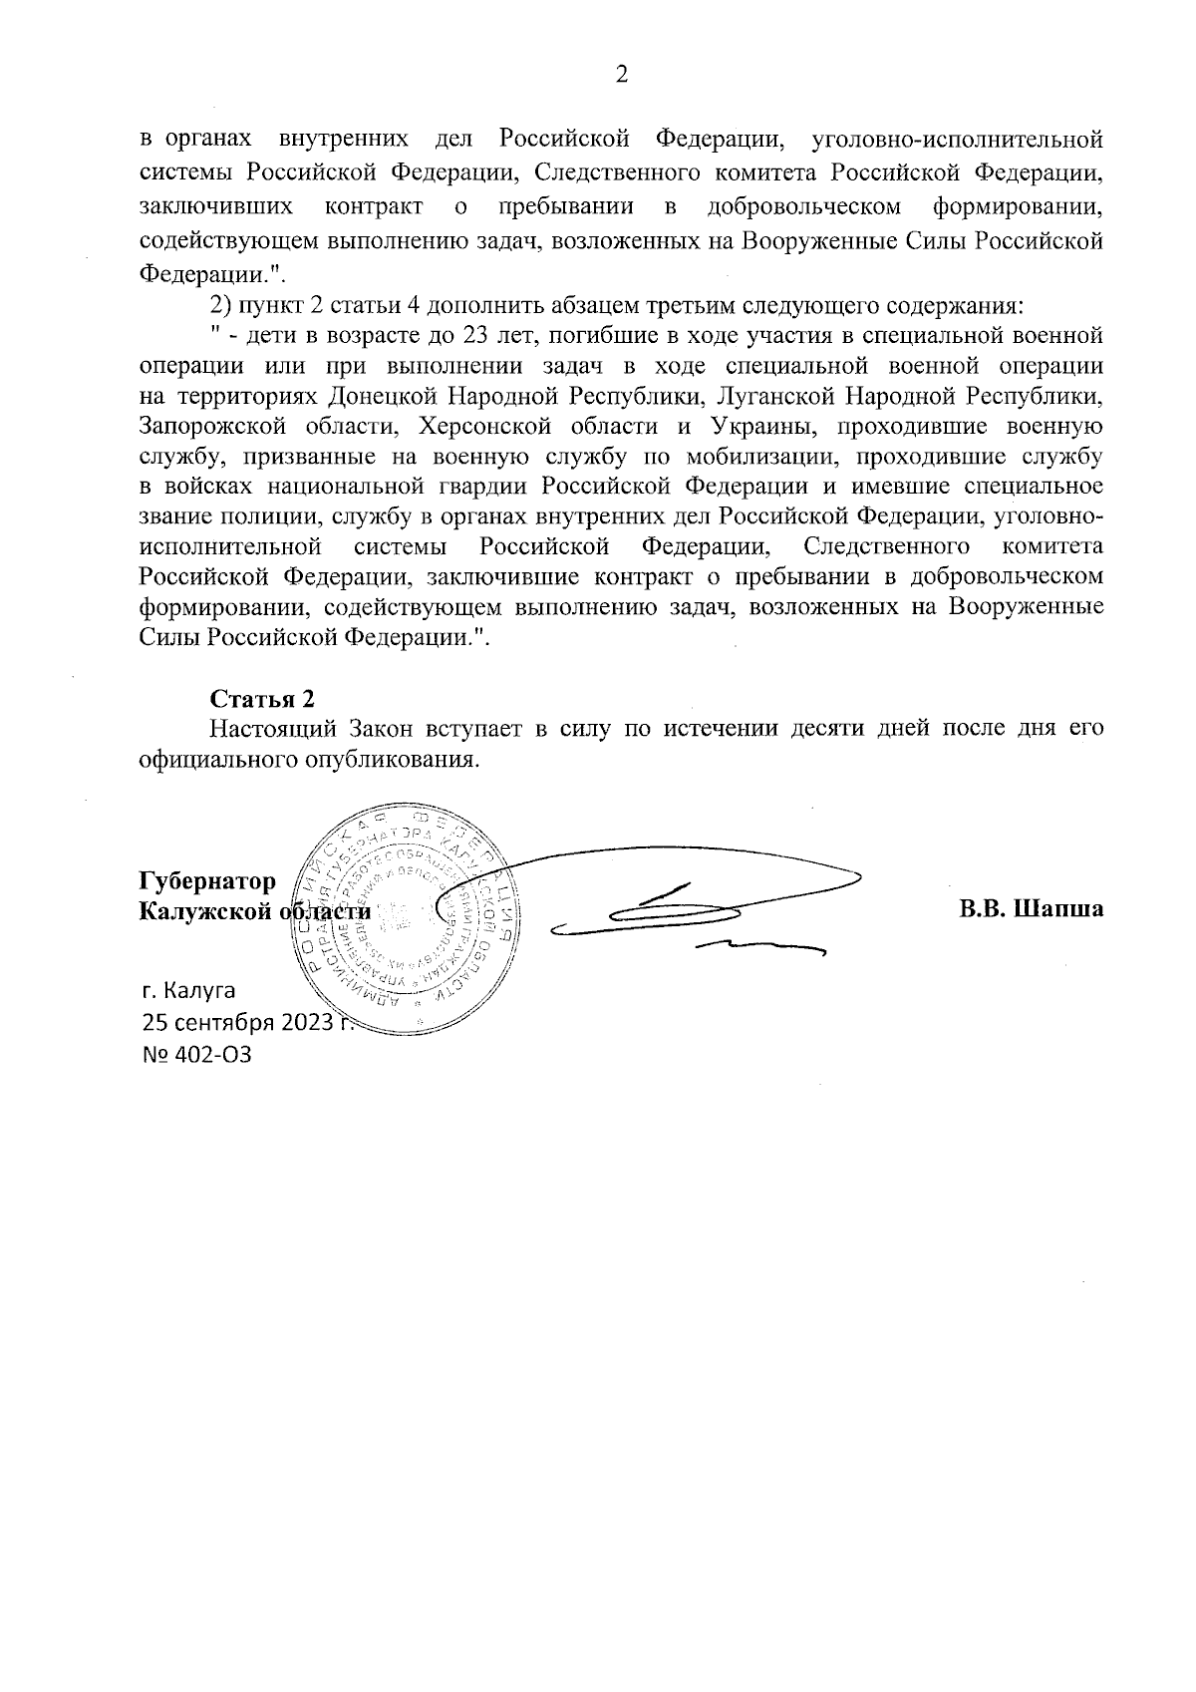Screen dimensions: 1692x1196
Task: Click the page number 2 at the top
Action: [621, 76]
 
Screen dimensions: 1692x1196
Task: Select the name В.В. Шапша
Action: [1032, 909]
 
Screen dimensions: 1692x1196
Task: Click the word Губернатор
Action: [207, 882]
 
